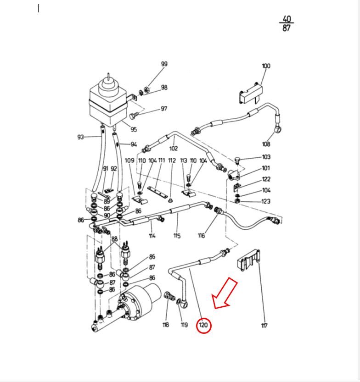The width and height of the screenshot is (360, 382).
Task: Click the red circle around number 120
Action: point(203,326)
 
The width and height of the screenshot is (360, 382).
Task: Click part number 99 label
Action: point(164,64)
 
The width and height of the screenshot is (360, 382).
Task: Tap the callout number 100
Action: point(266,66)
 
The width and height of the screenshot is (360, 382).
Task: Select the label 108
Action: point(279,144)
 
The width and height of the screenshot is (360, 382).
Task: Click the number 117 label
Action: point(264,326)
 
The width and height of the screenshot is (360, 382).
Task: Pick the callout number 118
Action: point(166,325)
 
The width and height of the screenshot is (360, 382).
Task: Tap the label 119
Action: point(184,325)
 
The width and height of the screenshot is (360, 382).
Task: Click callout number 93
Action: point(81,137)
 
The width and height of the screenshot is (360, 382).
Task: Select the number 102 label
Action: point(173,148)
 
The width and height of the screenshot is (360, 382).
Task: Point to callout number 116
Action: point(201,236)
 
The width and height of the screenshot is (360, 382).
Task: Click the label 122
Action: point(266,179)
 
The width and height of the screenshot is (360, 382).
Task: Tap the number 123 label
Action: point(266,201)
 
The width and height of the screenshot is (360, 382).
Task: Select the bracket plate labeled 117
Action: point(248,261)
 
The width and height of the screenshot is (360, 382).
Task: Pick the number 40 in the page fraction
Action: point(287,19)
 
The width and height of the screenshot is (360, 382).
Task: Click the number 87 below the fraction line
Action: point(287,28)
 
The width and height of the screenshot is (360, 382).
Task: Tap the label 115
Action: point(177,236)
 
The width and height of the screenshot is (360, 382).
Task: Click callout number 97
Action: point(164,109)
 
